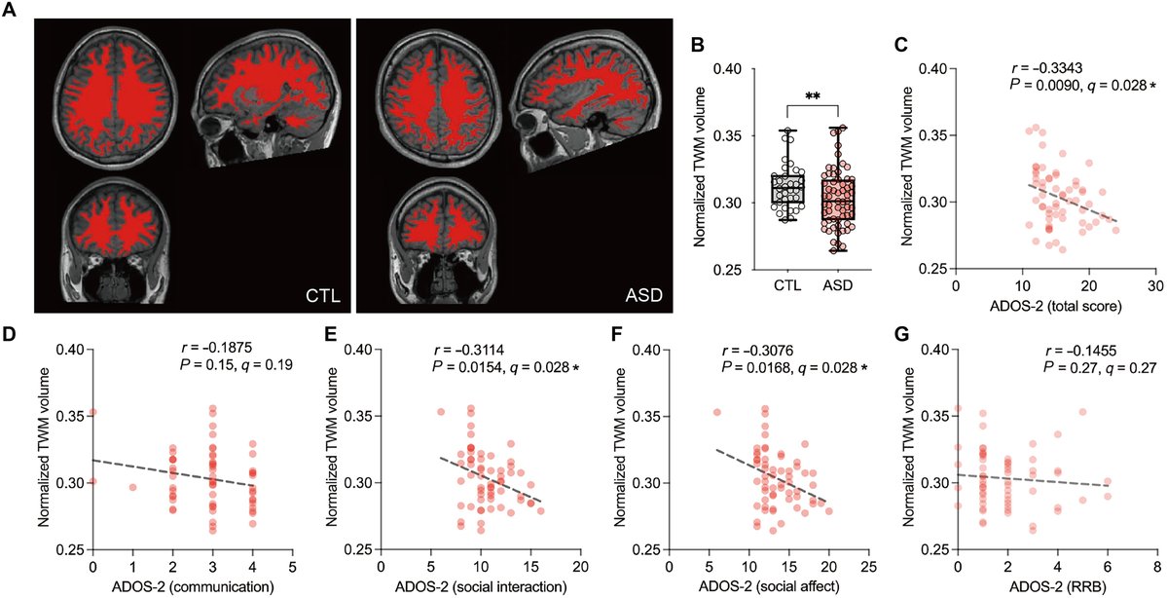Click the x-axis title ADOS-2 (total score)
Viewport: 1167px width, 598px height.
click(1056, 310)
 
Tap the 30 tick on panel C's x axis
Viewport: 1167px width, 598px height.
click(1155, 288)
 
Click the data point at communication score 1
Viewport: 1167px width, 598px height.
click(132, 487)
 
